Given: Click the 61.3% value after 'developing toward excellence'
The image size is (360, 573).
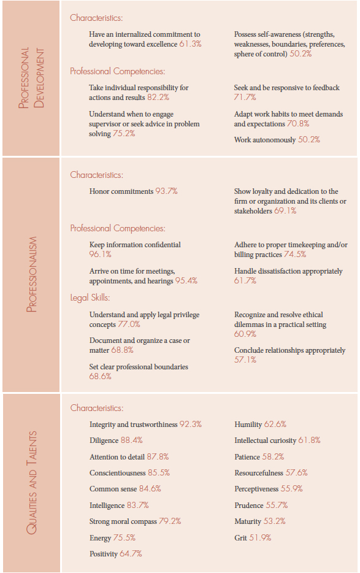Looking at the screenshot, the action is (190, 44).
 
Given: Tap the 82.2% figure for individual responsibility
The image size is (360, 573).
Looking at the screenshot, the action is (158, 97).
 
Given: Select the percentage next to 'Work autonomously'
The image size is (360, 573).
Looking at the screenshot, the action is (309, 140).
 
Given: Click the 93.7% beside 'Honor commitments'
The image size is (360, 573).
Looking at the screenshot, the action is (166, 191).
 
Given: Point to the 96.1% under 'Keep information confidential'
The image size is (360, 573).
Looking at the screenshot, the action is (100, 255).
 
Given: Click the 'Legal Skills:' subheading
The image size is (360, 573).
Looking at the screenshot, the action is (90, 298).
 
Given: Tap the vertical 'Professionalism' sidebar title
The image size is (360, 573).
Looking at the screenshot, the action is (31, 274).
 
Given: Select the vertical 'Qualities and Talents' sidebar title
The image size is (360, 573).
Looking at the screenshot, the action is (31, 483).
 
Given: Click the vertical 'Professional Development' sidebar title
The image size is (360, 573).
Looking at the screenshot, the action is (31, 78).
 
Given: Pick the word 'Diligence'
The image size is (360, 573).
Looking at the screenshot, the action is (104, 440).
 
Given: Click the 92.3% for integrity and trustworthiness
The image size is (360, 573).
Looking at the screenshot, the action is (190, 425).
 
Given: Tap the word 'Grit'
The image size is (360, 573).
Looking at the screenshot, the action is (240, 538).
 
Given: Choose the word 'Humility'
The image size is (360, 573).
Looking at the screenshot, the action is (248, 425).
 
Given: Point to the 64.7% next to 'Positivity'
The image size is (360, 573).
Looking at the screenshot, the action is (131, 553).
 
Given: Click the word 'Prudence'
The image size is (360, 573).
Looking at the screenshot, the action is (249, 506).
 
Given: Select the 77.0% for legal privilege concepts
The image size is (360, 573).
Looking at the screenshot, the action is (129, 324).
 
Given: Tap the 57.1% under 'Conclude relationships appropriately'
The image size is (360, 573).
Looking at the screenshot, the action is (245, 360).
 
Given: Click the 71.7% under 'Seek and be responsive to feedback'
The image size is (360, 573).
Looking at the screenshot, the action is (245, 97).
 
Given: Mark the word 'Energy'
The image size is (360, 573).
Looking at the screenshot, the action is (100, 538).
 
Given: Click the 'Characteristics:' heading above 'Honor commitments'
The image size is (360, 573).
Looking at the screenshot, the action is (96, 175).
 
